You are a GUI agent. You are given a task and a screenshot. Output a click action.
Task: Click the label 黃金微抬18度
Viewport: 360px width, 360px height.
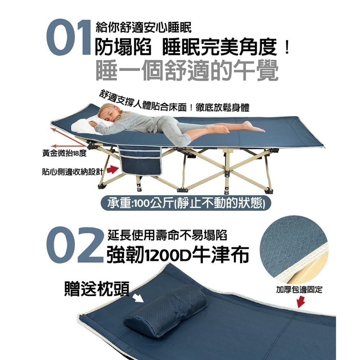(64, 154)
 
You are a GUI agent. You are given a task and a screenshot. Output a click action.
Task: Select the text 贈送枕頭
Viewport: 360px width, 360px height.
(96, 288)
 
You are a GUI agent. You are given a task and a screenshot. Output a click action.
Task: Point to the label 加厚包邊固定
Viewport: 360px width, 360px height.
(299, 289)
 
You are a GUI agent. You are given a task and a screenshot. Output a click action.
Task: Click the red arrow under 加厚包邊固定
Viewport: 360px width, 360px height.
(301, 301)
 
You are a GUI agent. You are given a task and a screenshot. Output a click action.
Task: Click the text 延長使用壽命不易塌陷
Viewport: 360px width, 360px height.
(167, 236)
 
